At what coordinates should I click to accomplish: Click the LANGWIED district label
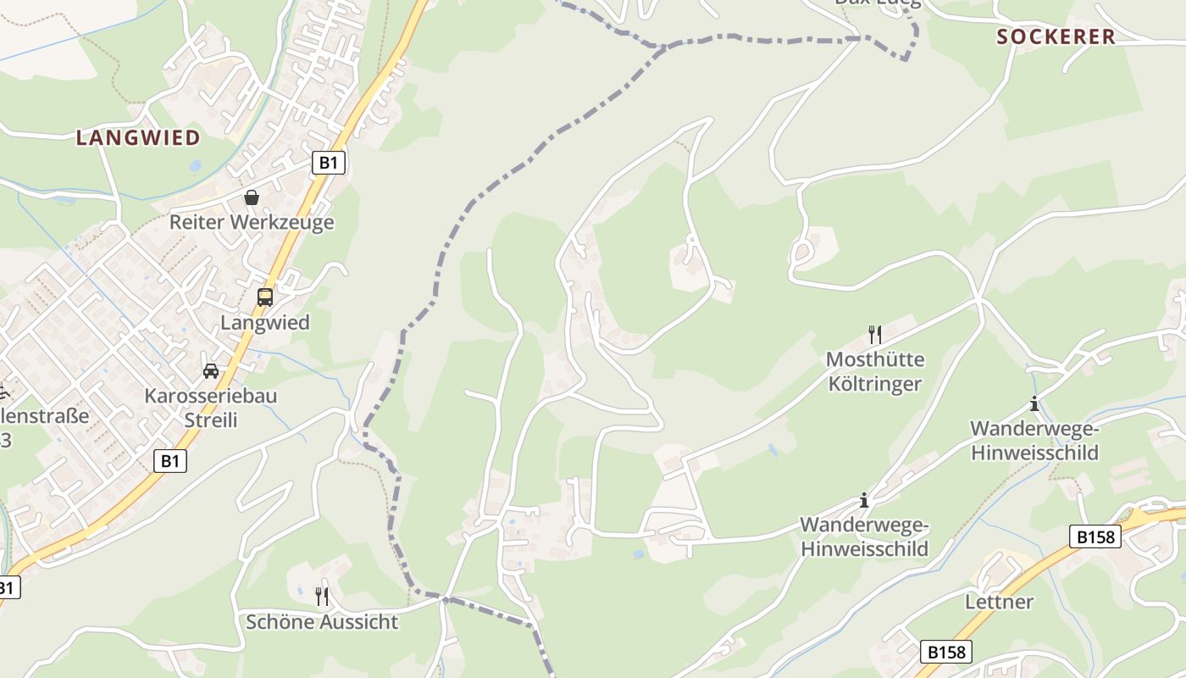click(138, 137)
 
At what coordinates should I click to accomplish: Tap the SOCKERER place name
click(1056, 36)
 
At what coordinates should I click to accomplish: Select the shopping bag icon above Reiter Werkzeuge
click(252, 197)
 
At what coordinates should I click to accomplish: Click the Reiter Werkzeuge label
click(252, 222)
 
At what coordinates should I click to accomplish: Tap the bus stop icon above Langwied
click(265, 297)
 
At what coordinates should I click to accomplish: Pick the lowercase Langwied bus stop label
click(265, 322)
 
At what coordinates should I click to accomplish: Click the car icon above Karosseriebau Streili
click(210, 370)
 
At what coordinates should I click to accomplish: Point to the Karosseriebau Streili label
click(210, 408)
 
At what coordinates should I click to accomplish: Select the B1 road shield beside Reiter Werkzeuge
click(329, 162)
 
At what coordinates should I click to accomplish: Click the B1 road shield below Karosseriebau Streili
click(170, 460)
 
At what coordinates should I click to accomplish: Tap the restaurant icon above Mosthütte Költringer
click(875, 335)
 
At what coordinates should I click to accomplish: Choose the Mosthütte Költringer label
click(875, 371)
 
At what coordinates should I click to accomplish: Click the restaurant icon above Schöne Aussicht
click(322, 597)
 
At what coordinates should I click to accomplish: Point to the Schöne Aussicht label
click(322, 622)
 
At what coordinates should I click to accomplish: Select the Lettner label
click(1000, 602)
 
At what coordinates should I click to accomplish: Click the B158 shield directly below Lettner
click(946, 652)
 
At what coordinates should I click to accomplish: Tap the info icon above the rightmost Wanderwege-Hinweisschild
click(1034, 403)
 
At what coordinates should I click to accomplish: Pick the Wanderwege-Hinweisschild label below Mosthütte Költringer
click(864, 536)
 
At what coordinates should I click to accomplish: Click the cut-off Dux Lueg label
click(877, 3)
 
